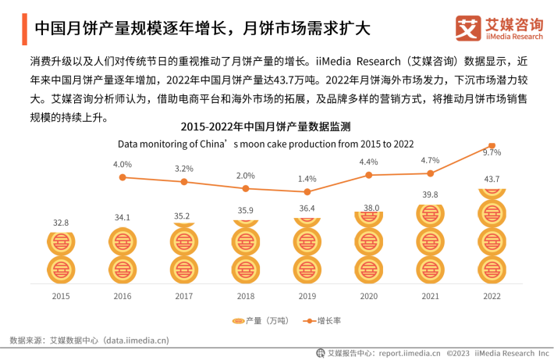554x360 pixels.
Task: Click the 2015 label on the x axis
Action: (61, 297)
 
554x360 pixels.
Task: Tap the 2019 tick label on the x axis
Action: (307, 297)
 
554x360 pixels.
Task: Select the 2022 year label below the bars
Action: (492, 297)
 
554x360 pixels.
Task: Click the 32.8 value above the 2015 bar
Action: (61, 223)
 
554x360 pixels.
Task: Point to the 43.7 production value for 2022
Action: (492, 180)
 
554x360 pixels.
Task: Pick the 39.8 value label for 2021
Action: (430, 195)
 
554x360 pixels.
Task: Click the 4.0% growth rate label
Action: (123, 165)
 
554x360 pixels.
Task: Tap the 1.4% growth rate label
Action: (307, 179)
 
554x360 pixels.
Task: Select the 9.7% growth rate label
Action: (492, 153)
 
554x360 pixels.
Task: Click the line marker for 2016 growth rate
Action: (123, 177)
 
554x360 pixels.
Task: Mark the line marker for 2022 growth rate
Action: (492, 145)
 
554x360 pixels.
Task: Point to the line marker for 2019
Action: (307, 191)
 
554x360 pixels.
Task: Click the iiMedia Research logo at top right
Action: (499, 27)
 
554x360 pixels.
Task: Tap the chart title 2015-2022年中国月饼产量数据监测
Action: (265, 127)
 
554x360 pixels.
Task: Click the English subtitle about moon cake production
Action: (265, 144)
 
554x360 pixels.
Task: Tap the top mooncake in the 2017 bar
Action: (184, 226)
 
